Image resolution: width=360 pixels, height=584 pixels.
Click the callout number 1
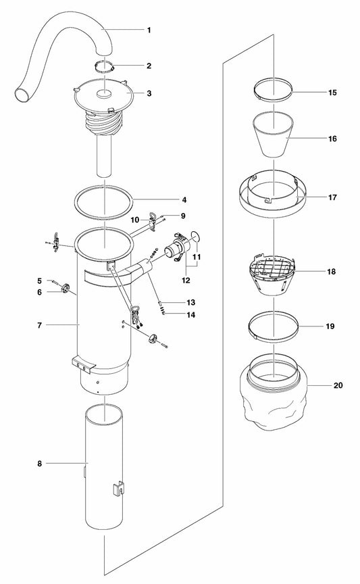tap(149, 30)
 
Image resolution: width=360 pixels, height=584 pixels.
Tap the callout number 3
tap(149, 94)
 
